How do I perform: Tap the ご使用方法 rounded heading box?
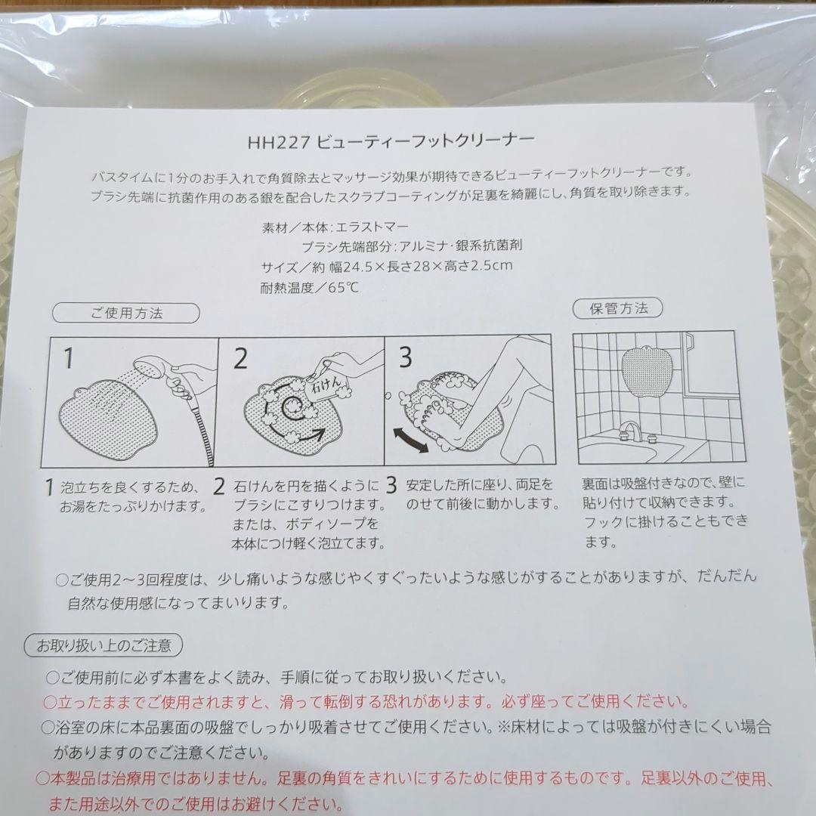tap(126, 313)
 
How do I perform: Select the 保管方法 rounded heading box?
tap(619, 308)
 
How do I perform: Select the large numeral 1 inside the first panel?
tap(69, 358)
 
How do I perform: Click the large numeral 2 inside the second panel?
tap(240, 358)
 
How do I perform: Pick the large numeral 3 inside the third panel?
tap(405, 357)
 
